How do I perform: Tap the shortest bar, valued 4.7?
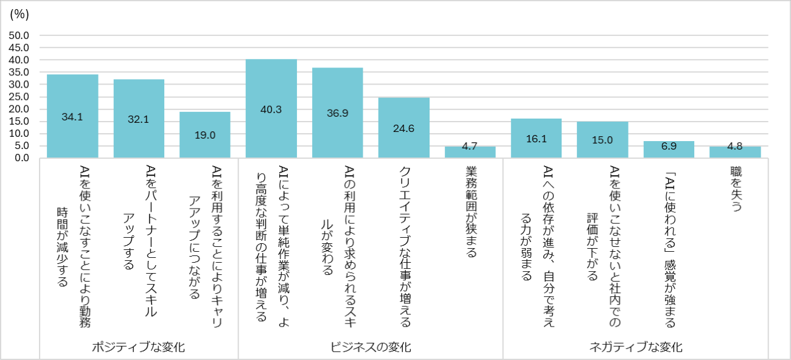click(470, 152)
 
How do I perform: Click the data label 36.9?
click(337, 113)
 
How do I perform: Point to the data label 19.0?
click(204, 135)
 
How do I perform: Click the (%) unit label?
click(19, 13)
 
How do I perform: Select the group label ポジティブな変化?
click(138, 347)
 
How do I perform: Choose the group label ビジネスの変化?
click(371, 347)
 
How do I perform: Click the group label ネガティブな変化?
click(636, 347)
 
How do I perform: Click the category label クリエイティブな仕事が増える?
click(403, 246)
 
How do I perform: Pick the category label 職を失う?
click(735, 189)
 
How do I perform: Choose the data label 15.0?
click(602, 139)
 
